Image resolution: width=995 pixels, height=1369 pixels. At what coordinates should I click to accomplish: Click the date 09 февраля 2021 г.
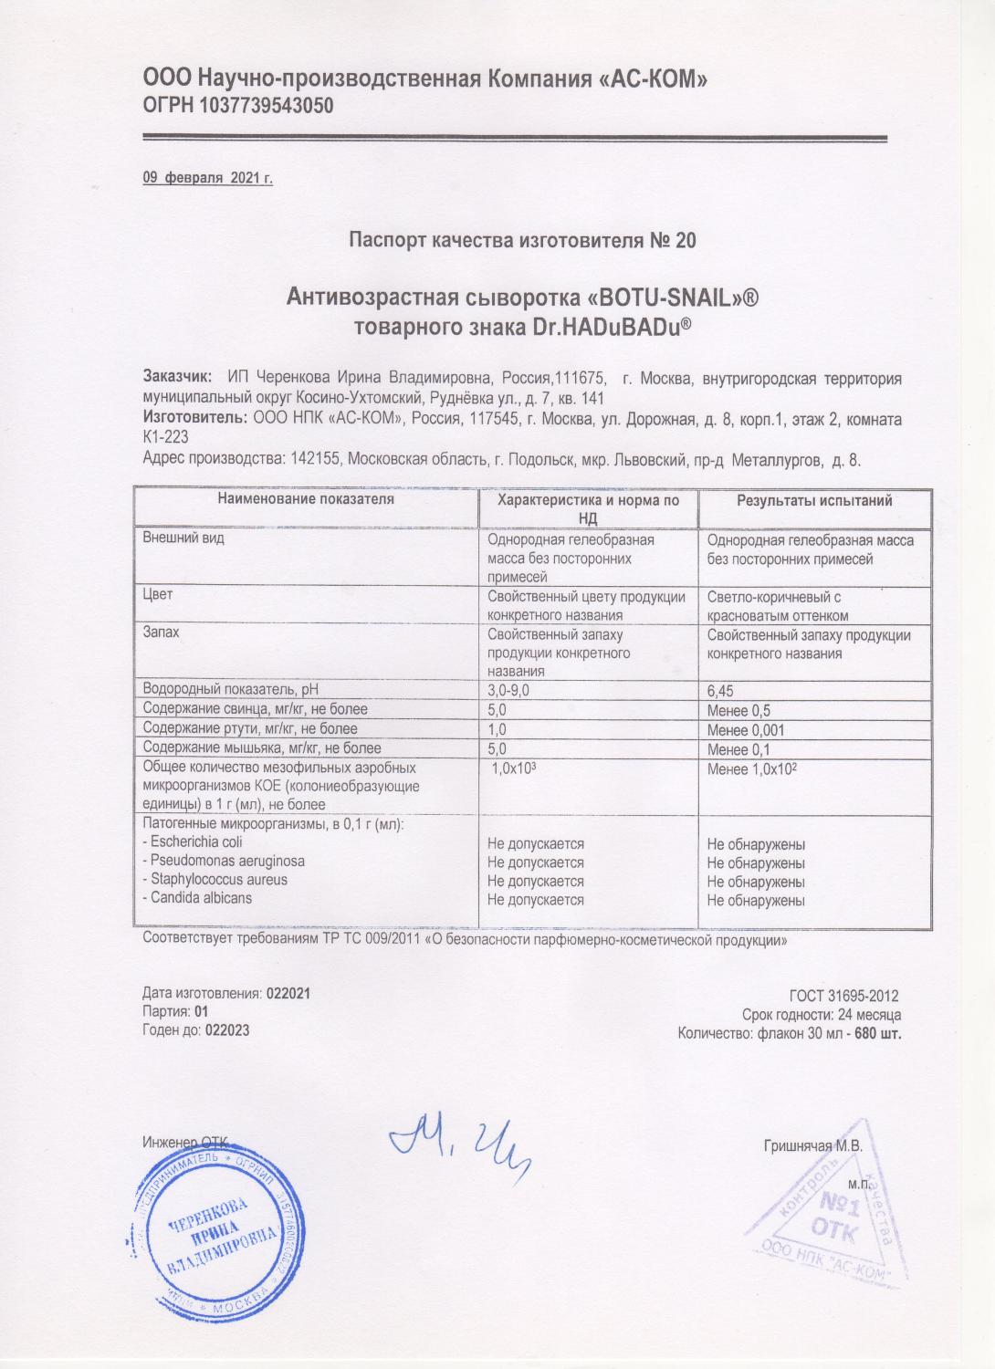pos(208,178)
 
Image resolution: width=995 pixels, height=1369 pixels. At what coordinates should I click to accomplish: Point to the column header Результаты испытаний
pos(814,500)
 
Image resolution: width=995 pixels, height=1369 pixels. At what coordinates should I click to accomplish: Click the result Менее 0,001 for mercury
pos(746,730)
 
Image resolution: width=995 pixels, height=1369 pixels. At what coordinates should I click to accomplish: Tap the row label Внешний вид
pos(183,538)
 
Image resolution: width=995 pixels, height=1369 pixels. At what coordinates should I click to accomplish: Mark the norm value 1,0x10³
pos(513,769)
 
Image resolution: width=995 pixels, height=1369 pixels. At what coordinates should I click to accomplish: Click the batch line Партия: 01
pos(176,1011)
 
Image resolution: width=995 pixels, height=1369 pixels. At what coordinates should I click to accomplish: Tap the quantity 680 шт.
pos(878,1034)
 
